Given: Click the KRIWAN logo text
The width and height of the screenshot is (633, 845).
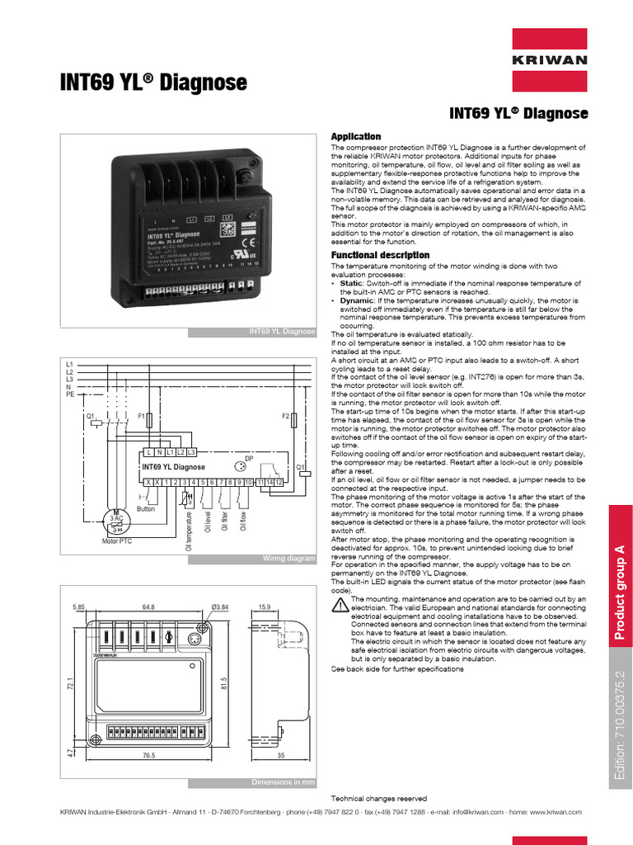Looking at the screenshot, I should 549,60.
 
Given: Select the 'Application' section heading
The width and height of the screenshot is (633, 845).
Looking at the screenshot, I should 355,136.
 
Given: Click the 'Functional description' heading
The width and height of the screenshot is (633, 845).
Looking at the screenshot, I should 380,256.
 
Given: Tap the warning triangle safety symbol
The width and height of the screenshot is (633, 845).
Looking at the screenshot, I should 339,605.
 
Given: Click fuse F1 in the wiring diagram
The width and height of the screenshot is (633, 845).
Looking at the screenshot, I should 148,421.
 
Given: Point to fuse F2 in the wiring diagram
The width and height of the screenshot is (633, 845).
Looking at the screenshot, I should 293,421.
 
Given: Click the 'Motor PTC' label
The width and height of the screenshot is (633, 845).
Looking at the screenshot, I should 117,541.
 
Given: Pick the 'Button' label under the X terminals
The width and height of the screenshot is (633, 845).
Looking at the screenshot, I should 145,509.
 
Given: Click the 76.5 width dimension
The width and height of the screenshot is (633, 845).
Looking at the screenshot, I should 149,756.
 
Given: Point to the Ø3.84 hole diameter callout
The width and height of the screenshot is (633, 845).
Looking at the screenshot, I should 218,607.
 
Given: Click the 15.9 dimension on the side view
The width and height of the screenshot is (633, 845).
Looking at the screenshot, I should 265,607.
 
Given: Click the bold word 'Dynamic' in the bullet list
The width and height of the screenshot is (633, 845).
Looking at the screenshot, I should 357,300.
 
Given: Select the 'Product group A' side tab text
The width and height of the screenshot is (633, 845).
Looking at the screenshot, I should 621,592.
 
